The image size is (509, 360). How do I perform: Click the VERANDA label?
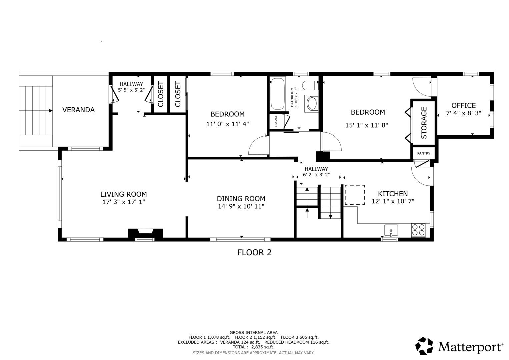(x=78, y=110)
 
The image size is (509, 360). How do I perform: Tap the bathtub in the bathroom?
(x=277, y=94)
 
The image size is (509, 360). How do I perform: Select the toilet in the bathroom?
(x=310, y=85)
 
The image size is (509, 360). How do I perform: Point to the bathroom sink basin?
(x=312, y=103)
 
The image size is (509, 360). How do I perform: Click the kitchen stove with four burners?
(x=418, y=230)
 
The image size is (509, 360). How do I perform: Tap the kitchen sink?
(x=391, y=230)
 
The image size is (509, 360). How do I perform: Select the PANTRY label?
(x=424, y=153)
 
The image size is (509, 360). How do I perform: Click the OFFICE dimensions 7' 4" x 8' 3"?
(x=463, y=113)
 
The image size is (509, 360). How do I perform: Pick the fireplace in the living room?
(x=145, y=233)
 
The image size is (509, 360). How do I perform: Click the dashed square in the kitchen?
(x=355, y=195)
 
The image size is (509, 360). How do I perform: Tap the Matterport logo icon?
(x=424, y=346)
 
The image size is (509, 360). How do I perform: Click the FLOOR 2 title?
(x=254, y=253)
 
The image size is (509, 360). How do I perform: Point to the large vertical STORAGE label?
(x=424, y=123)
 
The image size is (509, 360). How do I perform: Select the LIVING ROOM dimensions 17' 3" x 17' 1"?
(x=124, y=202)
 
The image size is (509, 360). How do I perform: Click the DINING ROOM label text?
(x=241, y=199)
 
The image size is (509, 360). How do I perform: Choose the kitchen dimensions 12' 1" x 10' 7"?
(x=393, y=201)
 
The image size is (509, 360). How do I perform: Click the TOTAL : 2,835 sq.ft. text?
(x=253, y=347)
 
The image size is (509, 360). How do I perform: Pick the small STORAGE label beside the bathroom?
(x=276, y=121)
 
